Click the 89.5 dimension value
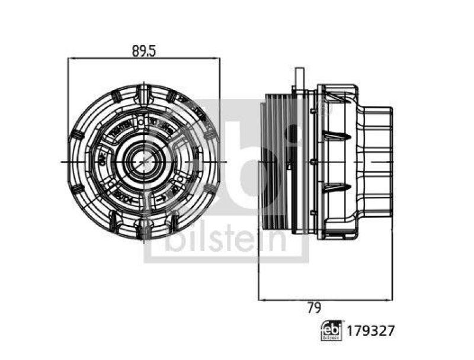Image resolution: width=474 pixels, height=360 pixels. (x=143, y=51)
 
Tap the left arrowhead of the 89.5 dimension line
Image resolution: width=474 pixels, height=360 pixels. (x=72, y=58)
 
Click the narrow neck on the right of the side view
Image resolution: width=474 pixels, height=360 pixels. (x=377, y=161)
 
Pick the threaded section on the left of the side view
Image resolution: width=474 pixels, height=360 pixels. (x=276, y=161)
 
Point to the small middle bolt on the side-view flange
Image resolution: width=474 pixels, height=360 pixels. (x=313, y=161)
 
